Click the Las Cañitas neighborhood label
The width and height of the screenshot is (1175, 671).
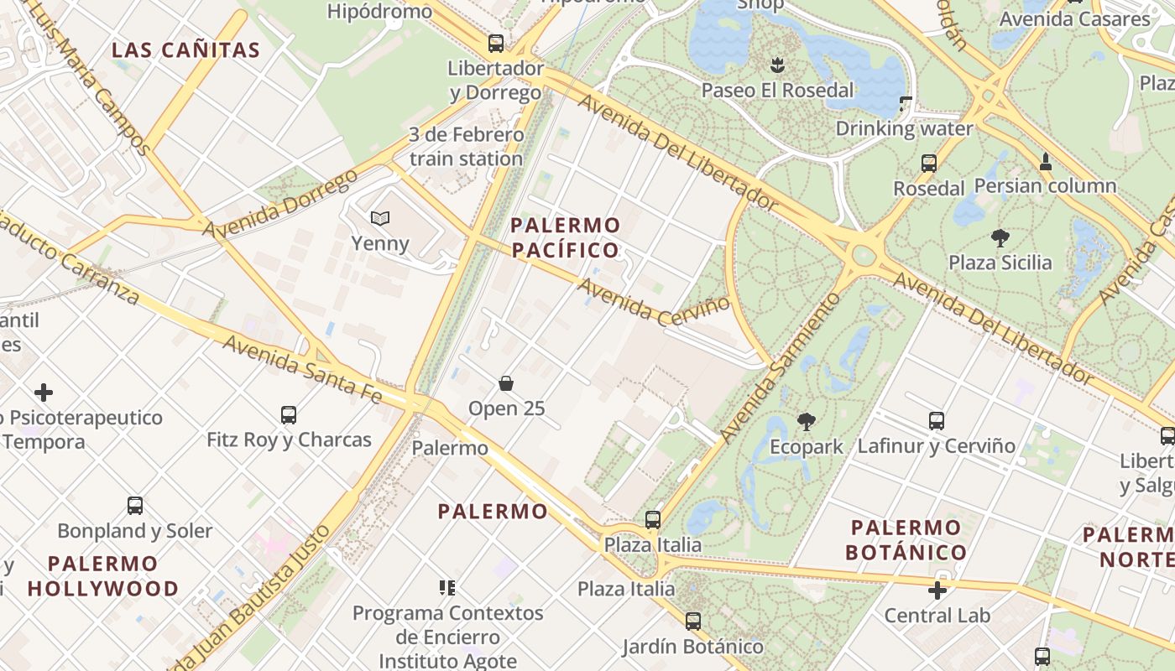pyautogui.click(x=186, y=49)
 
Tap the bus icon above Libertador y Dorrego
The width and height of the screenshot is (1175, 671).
pyautogui.click(x=496, y=44)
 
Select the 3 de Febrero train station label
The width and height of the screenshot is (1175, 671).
pyautogui.click(x=467, y=146)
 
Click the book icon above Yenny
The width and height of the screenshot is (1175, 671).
pyautogui.click(x=380, y=219)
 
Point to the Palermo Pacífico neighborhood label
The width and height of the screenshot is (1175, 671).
pyautogui.click(x=566, y=237)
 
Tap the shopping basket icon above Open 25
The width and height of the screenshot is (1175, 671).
pyautogui.click(x=506, y=384)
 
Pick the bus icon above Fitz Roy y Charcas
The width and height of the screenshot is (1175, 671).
pyautogui.click(x=289, y=414)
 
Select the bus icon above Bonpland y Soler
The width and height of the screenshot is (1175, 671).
pyautogui.click(x=135, y=506)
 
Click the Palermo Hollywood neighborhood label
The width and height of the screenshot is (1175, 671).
pyautogui.click(x=103, y=575)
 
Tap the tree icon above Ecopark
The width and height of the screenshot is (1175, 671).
pyautogui.click(x=807, y=421)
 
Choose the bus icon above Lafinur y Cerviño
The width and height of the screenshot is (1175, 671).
pyautogui.click(x=937, y=421)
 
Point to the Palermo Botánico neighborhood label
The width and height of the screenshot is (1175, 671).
pyautogui.click(x=906, y=540)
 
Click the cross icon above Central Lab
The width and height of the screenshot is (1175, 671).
pyautogui.click(x=937, y=590)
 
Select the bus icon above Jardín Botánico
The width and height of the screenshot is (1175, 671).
pyautogui.click(x=693, y=622)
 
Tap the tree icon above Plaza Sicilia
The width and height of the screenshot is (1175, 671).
pyautogui.click(x=1000, y=238)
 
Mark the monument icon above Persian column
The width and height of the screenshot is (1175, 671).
pyautogui.click(x=1046, y=161)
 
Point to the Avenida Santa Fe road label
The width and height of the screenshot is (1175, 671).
pyautogui.click(x=302, y=369)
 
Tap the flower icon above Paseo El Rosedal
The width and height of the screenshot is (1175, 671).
pyautogui.click(x=777, y=65)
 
